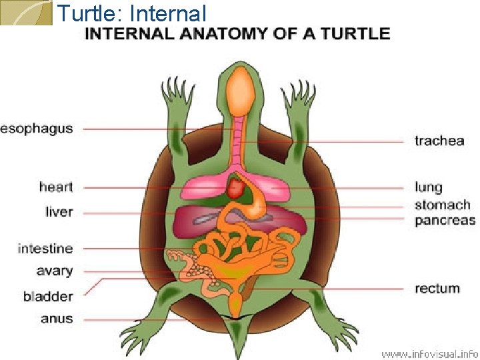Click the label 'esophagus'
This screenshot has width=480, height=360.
tap(36, 129)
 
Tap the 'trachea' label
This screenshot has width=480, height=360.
tap(439, 141)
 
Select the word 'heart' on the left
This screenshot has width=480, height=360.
tap(56, 187)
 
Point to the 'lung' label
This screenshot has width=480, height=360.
tap(428, 188)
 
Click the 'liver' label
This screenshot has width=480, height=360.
tap(59, 212)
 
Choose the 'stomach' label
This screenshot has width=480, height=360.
tap(442, 205)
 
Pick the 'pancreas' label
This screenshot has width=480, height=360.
tap(445, 220)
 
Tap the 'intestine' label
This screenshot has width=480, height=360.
tap(45, 249)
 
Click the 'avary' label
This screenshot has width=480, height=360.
tap(55, 271)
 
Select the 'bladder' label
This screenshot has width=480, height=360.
tap(48, 296)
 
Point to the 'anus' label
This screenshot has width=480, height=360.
tap(57, 319)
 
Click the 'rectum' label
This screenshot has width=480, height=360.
tap(437, 289)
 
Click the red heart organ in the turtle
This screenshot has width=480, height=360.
tap(236, 187)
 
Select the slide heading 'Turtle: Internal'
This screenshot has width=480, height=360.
tap(131, 13)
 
